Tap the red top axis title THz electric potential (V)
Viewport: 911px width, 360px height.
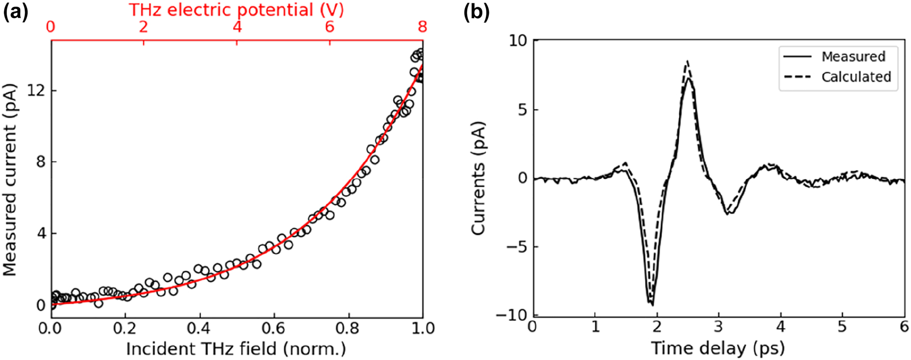tap(236, 9)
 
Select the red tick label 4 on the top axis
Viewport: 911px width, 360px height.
tap(237, 26)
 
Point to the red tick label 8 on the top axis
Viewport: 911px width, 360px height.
tap(422, 26)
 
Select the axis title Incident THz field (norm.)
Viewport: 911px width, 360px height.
tap(236, 349)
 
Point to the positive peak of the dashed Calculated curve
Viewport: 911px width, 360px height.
tap(687, 61)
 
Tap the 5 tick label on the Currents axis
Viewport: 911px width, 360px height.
tap(521, 109)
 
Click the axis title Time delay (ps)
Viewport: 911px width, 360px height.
tap(717, 349)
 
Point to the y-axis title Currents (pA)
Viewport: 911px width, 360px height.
tap(478, 178)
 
